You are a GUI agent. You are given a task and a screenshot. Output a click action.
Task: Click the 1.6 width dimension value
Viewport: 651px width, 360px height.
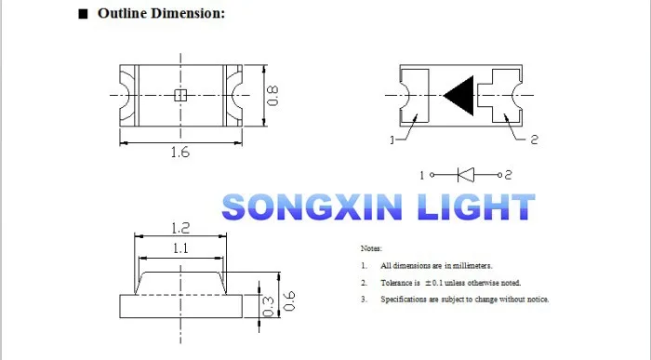point(180,153)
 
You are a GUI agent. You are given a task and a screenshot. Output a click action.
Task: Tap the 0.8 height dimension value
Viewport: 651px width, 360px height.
point(272,96)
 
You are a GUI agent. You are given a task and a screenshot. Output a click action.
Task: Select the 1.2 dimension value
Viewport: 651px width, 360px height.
point(180,228)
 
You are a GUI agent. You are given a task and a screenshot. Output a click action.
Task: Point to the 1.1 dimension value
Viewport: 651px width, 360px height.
point(180,248)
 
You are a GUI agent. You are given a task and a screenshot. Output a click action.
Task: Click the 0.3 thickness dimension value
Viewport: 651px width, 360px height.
point(269,306)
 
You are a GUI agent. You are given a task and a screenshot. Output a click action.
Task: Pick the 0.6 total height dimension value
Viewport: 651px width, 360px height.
point(289,301)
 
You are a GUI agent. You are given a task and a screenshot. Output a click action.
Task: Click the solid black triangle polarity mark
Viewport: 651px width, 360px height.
point(458,96)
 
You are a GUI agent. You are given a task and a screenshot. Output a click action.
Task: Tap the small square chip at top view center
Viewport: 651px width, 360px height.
point(180,96)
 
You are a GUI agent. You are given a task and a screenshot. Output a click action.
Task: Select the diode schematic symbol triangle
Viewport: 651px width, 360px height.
point(466,175)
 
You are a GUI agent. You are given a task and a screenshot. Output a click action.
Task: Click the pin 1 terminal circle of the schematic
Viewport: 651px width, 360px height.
point(432,175)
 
